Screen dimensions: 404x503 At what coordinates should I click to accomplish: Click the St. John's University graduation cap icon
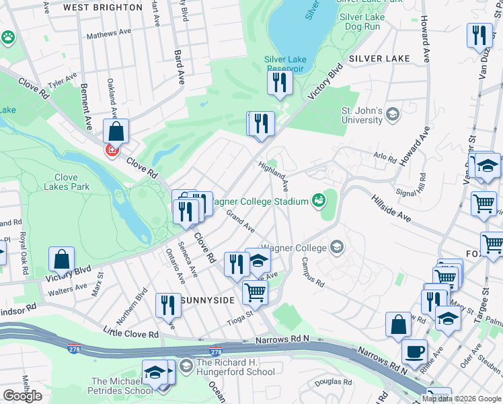pos(393,115)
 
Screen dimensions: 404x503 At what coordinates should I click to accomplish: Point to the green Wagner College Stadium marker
pos(318,200)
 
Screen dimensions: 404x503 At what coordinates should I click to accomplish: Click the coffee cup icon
pos(414,351)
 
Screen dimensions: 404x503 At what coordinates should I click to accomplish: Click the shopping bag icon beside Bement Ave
pos(116,131)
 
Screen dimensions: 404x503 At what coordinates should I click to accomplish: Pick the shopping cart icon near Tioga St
pos(255,292)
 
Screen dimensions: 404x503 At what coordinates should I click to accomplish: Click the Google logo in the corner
pos(22,396)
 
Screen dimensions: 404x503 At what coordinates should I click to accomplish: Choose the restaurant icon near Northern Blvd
pos(167,305)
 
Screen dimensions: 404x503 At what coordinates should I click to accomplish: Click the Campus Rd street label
pos(313,272)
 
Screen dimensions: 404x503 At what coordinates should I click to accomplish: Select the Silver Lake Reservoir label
pos(284,64)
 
